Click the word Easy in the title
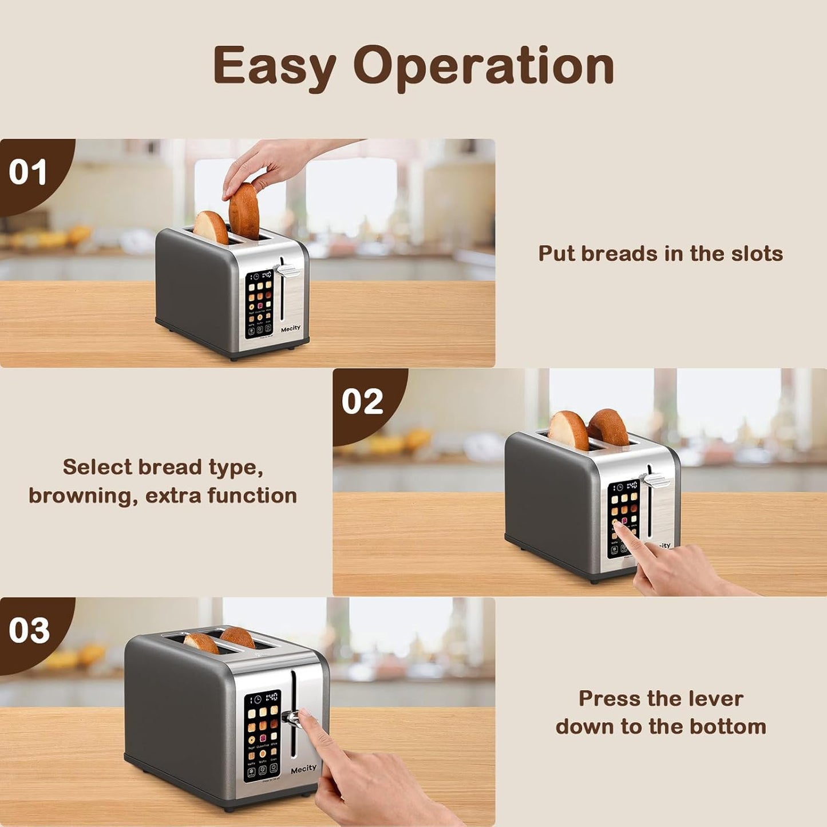tap(274, 66)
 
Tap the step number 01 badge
tap(28, 172)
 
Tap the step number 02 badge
tap(362, 401)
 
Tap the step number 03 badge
tap(29, 631)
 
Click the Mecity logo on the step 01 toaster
tap(291, 329)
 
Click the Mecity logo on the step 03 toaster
tap(303, 769)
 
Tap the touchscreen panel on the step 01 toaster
tap(259, 303)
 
